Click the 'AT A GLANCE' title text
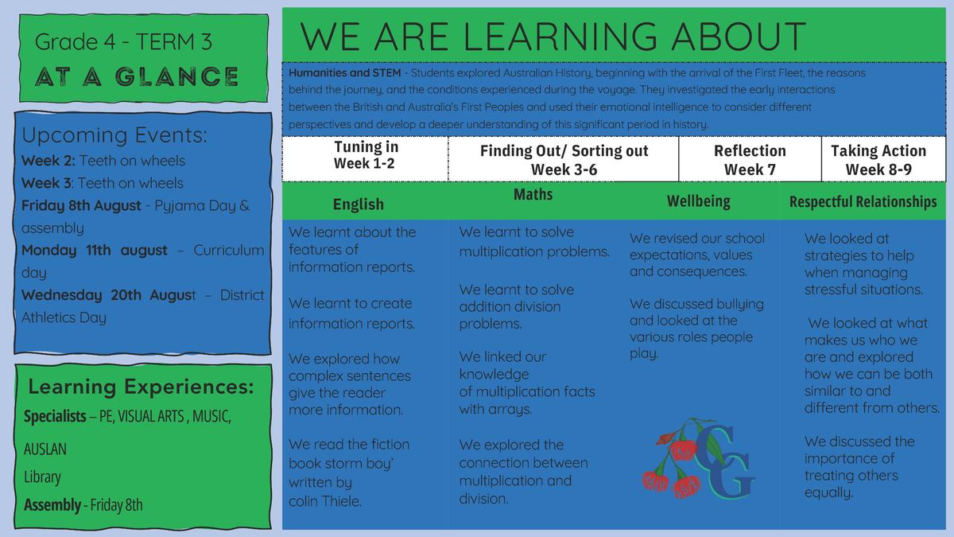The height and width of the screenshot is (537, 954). coord(137,76)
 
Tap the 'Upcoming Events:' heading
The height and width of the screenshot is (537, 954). coord(114,135)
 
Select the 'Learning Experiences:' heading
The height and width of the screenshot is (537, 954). coord(141,387)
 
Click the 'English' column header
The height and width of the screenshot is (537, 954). coord(359,204)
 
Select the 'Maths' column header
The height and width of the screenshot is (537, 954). coord(533,194)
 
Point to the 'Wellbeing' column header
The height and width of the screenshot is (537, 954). coord(699,201)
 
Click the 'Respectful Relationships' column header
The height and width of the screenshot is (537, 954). coord(863,201)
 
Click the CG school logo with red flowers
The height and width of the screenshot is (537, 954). coord(699,458)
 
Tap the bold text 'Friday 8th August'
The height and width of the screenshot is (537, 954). coord(81,205)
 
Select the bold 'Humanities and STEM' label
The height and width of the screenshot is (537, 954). coord(344,73)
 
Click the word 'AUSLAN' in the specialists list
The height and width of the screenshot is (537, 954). coord(45,449)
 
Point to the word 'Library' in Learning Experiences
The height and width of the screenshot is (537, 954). coord(42,477)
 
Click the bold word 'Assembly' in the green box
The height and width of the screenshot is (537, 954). coord(52,504)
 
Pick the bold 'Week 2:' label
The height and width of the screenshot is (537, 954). coord(48,161)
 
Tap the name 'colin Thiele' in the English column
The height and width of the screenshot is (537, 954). coord(325,501)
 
